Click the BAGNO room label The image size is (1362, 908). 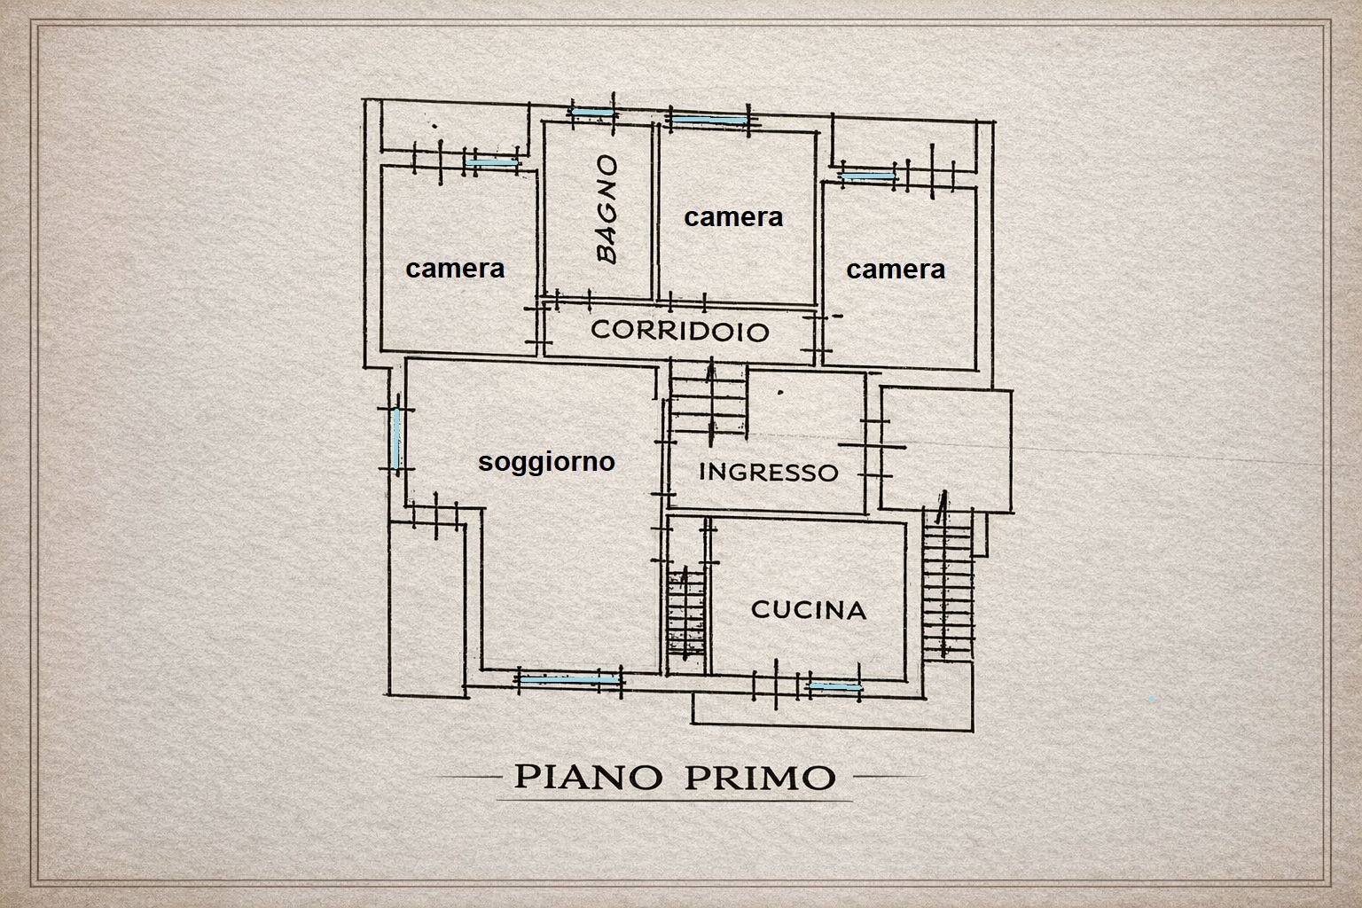click(607, 210)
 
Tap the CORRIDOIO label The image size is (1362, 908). click(679, 331)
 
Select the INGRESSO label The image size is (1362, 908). click(768, 472)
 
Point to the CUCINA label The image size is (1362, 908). click(808, 610)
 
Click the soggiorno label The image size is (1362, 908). click(546, 461)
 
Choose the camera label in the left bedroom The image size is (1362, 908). click(455, 268)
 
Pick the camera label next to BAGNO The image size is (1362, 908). click(733, 216)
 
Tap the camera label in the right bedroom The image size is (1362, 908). click(896, 269)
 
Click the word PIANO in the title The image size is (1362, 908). click(587, 777)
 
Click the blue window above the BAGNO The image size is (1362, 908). click(591, 113)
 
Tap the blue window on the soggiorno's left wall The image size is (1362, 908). click(395, 440)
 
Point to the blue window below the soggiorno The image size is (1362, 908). click(568, 679)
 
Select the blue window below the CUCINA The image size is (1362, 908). click(834, 686)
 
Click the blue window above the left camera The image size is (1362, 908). click(492, 162)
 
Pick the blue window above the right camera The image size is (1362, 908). click(868, 177)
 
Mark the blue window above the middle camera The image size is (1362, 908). click(708, 119)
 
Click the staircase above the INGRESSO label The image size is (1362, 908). click(708, 403)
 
